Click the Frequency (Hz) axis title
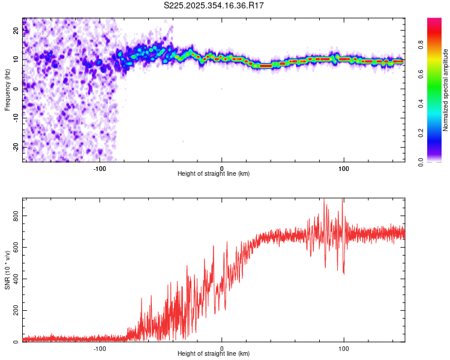(7, 89)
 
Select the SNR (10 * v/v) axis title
(7, 269)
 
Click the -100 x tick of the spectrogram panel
(100, 169)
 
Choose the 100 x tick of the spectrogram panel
(344, 169)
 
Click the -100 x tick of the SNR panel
(100, 349)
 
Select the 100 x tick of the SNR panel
(344, 349)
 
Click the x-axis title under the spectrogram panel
(214, 174)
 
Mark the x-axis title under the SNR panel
(214, 355)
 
